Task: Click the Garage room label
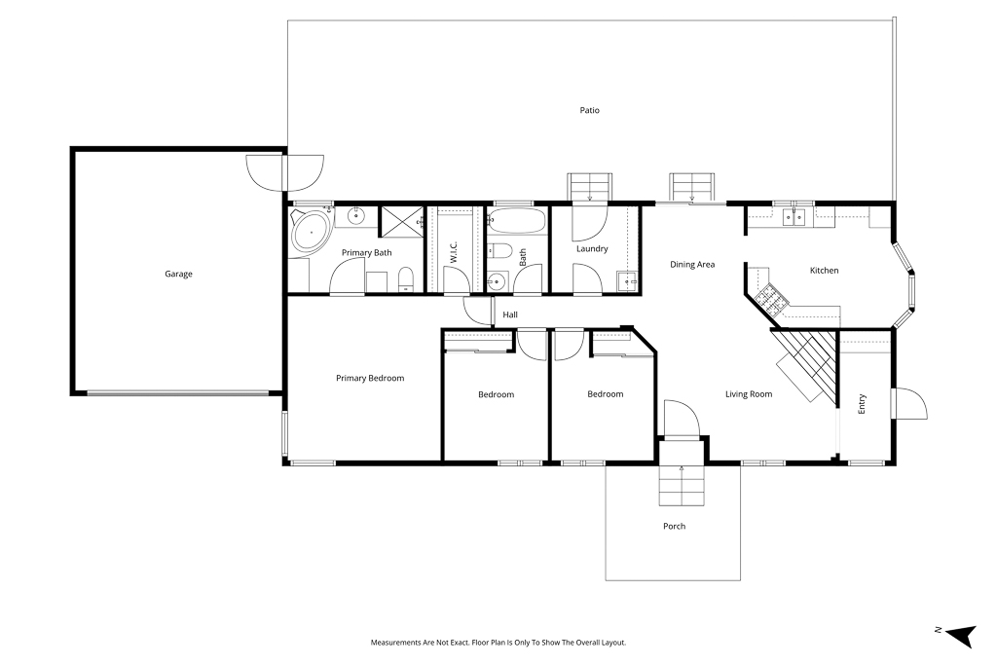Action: (x=178, y=274)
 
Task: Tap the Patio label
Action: (x=589, y=110)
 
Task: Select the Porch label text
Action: (x=674, y=526)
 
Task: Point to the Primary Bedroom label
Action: (x=370, y=379)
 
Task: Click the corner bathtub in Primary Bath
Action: (x=311, y=232)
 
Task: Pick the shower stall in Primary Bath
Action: (x=401, y=222)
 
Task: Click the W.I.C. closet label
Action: (x=454, y=252)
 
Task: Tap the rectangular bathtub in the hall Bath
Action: (x=516, y=221)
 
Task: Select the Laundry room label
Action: (x=592, y=248)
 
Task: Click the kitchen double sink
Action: (x=794, y=217)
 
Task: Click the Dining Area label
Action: (x=692, y=265)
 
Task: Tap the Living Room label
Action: (x=749, y=394)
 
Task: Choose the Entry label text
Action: (x=863, y=404)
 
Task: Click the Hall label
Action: (x=510, y=314)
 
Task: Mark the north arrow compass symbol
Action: (x=961, y=635)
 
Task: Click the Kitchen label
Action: (x=824, y=271)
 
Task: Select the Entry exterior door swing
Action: (x=909, y=403)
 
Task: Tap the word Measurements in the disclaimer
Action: (x=395, y=643)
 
